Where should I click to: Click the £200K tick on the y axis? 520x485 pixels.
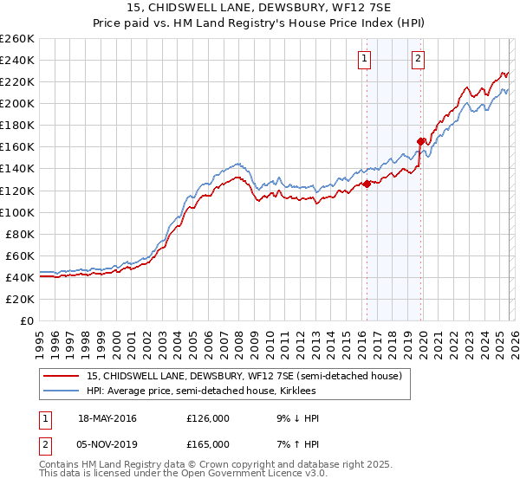tap(17, 103)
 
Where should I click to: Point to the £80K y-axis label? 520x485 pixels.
tap(20, 234)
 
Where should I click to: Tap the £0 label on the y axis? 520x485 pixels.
tap(28, 320)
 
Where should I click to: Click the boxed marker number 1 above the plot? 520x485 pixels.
tap(364, 59)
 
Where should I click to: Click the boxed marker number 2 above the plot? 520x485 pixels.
tap(418, 59)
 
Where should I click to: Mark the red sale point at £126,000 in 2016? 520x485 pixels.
tap(367, 183)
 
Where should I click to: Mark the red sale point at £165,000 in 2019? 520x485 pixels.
tap(420, 141)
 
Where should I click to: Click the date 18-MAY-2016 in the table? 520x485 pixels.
tap(107, 418)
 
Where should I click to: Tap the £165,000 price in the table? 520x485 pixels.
tap(207, 443)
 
